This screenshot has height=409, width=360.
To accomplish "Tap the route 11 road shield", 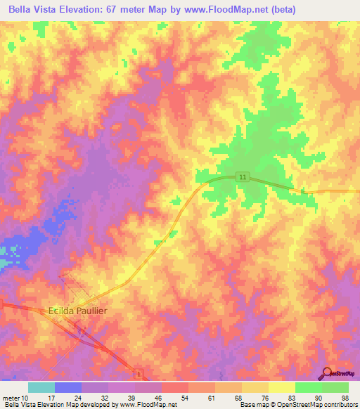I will [243, 178].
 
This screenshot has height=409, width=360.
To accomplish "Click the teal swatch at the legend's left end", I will [41, 387].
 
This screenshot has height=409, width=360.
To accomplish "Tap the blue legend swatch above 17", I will [68, 387].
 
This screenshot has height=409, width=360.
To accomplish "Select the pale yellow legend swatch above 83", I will [281, 387].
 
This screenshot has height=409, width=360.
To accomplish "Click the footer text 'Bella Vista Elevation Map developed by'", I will [60, 405].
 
